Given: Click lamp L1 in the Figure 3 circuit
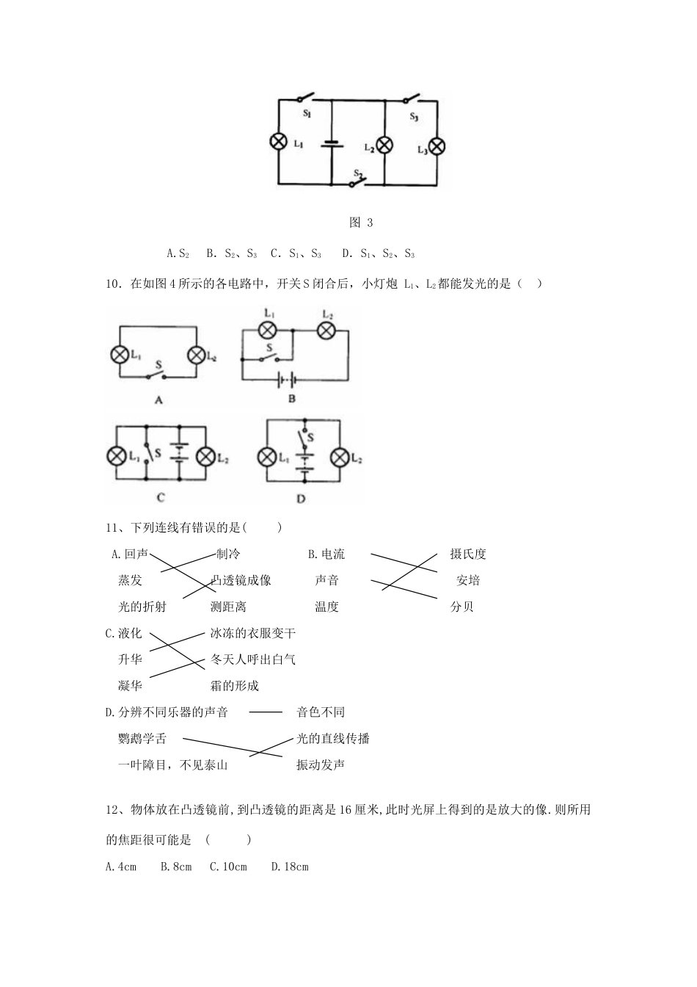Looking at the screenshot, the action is coord(279,142).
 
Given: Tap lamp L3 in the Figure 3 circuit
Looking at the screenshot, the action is coord(437,146).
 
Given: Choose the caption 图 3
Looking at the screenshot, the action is coord(361,223).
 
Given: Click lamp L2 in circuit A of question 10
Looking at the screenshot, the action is coord(196,355).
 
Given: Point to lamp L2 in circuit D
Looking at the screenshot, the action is coord(339,458).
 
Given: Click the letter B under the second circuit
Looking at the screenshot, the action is coord(291,398).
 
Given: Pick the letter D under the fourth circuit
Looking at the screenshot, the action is coord(301,499).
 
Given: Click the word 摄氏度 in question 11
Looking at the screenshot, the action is coord(467,554).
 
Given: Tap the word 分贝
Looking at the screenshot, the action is coord(461,607).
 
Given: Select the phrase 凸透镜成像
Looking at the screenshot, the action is coord(241,580).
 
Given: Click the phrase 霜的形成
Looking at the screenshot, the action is coord(234,686).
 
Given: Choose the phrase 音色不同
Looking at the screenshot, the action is coord(320,712).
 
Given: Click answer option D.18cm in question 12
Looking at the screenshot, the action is coord(290,867).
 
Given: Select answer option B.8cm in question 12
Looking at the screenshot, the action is coord(176,867).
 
